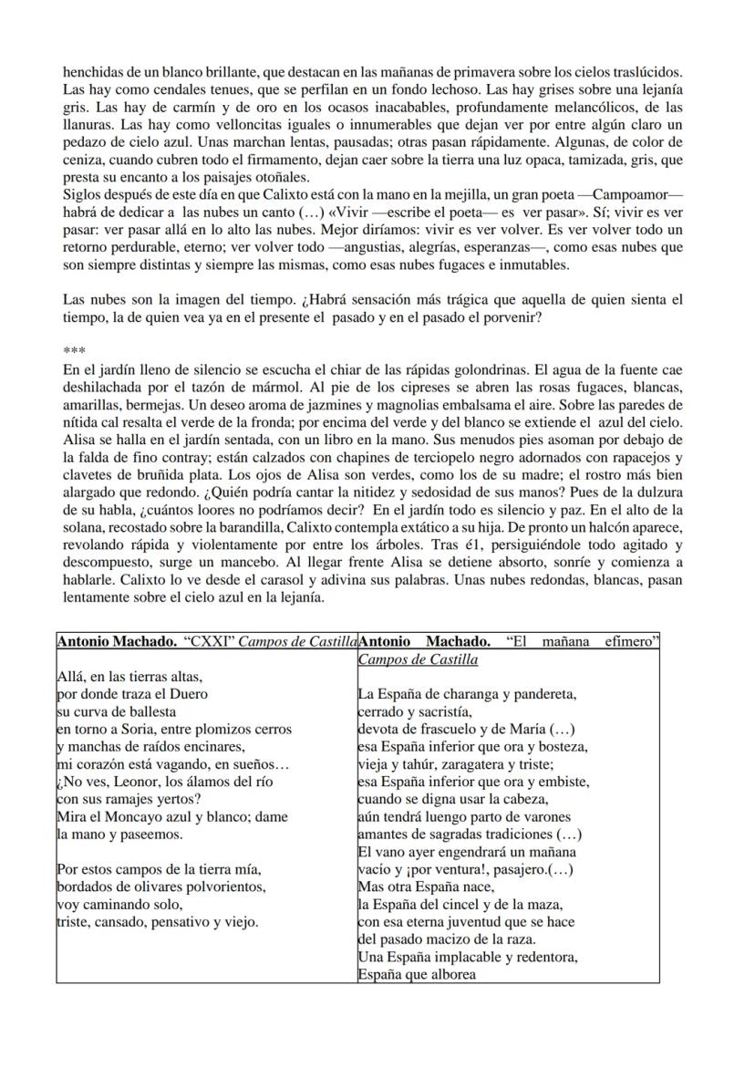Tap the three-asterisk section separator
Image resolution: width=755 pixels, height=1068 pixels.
(x=73, y=351)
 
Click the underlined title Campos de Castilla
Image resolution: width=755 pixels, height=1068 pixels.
(x=419, y=658)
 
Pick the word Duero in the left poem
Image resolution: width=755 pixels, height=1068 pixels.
(x=189, y=694)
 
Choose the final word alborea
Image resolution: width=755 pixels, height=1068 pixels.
(x=446, y=974)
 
